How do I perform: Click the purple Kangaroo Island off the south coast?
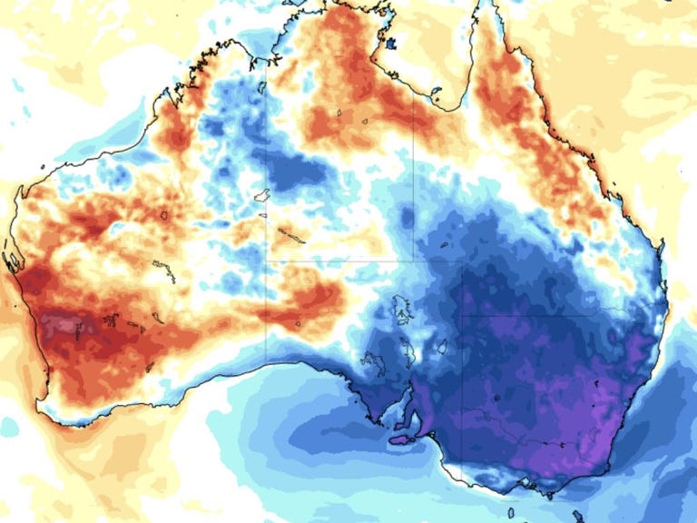400,440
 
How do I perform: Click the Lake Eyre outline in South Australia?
399,314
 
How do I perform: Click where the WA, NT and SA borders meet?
266,261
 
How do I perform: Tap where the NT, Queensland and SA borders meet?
414,261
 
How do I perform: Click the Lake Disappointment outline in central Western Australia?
164,216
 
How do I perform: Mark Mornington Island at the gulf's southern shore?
437,91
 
